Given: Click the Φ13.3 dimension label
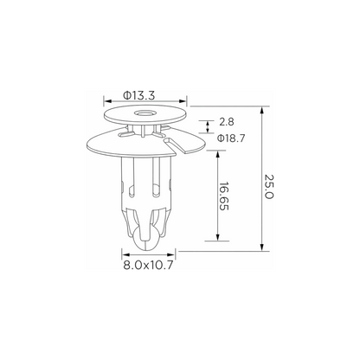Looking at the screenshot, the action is click(139, 95).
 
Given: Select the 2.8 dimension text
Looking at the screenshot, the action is click(227, 122).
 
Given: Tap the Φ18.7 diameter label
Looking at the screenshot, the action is click(231, 138).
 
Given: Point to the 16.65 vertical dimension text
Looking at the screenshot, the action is click(224, 196).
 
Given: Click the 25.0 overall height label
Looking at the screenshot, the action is click(268, 187).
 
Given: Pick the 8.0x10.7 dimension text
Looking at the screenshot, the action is click(148, 265).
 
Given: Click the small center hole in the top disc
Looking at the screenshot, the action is click(144, 112).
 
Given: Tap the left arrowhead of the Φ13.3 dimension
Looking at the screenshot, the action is click(107, 101).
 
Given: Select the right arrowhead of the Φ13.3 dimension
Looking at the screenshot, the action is click(183, 101).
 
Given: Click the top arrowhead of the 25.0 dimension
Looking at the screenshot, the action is click(261, 111).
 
